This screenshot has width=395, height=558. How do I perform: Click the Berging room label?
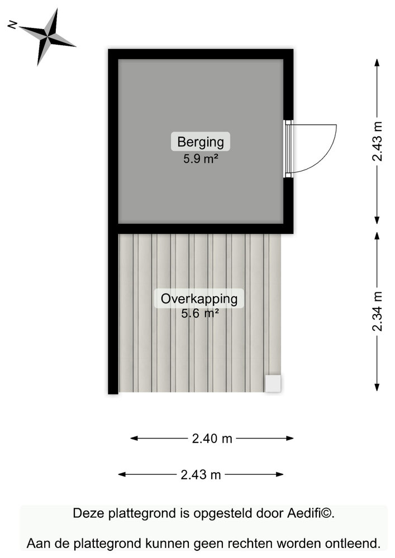(x=201, y=141)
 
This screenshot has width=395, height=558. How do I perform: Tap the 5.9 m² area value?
(x=200, y=158)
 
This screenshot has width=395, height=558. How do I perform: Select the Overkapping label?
(x=199, y=299)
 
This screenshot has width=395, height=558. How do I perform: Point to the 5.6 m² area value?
(x=199, y=314)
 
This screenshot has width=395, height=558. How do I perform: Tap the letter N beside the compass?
(x=12, y=25)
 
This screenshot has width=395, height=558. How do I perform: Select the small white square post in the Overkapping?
(x=273, y=383)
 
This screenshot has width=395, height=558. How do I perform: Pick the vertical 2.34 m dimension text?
(x=378, y=311)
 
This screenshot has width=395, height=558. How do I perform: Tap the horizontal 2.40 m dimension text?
(x=212, y=439)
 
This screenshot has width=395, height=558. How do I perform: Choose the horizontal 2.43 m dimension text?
(x=201, y=475)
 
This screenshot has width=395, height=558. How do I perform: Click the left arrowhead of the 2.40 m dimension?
(x=134, y=439)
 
